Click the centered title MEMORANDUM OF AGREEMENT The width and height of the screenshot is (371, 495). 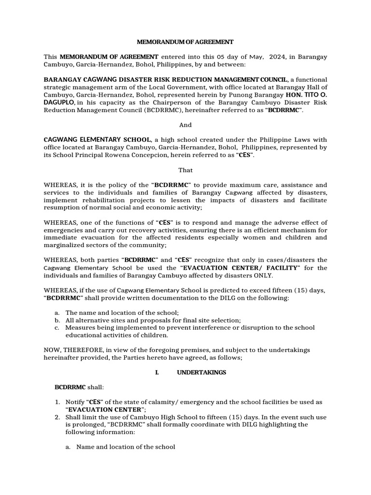185,42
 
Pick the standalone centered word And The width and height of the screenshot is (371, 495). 185,125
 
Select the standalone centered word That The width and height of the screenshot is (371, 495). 185,170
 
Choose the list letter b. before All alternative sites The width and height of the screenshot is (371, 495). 57,320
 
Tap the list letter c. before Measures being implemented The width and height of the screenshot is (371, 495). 57,328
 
